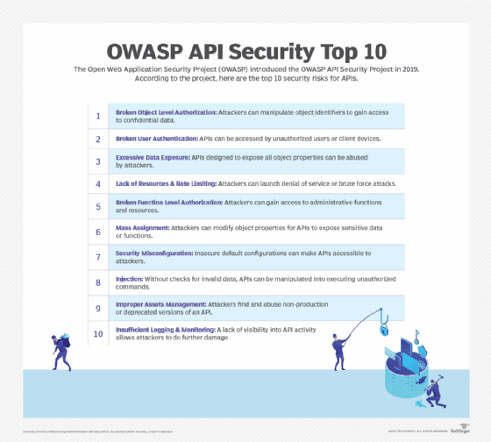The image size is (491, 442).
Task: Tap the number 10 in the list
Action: tap(98, 332)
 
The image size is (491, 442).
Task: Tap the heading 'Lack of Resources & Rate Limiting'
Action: tap(166, 183)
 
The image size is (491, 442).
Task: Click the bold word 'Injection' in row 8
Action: tap(130, 279)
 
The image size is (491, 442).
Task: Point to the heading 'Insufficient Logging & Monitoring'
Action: tap(167, 329)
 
